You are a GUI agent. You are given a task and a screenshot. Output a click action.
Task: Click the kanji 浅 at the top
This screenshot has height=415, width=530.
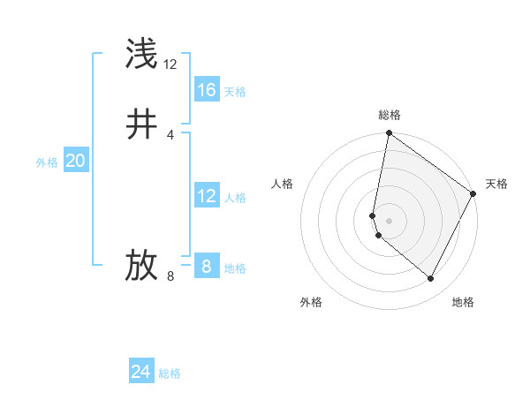[x=142, y=54]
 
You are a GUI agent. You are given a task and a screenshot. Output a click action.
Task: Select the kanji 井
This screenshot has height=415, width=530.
[x=142, y=124]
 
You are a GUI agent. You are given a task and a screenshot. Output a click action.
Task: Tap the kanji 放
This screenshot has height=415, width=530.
[x=142, y=266]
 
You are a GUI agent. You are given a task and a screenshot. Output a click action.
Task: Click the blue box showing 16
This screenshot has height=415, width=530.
[x=207, y=90]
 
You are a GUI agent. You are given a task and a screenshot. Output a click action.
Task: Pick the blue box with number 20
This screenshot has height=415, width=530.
[x=76, y=161]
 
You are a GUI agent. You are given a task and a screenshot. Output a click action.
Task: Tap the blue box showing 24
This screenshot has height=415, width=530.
[x=141, y=372]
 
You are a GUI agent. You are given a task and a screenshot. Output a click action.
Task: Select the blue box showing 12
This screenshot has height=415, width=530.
[x=207, y=196]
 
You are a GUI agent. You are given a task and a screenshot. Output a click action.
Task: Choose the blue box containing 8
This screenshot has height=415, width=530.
[x=207, y=266]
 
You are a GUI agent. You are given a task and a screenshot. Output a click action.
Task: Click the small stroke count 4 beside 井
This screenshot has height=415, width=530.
[x=170, y=135]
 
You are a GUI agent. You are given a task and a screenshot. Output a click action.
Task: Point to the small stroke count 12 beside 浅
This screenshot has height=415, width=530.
[x=170, y=64]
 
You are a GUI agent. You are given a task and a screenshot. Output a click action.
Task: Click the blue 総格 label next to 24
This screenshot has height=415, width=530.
[x=170, y=373]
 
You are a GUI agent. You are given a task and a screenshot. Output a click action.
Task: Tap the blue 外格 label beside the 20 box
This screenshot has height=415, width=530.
[x=47, y=162]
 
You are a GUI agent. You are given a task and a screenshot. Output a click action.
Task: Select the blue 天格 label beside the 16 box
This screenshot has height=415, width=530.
[x=235, y=92]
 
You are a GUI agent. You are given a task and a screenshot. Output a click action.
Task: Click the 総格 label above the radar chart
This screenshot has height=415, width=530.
[x=390, y=115]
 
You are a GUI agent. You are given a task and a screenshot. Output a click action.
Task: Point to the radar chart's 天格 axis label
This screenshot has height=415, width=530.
[x=496, y=184]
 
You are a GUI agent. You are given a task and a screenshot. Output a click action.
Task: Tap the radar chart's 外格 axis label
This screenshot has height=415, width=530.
[x=311, y=302]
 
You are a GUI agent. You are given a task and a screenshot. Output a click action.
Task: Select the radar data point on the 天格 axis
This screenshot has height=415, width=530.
[x=473, y=194]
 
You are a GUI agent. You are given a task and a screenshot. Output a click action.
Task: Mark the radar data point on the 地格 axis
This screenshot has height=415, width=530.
[x=431, y=279]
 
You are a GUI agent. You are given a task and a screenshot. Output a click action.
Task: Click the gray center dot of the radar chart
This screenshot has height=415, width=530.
[x=390, y=221]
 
